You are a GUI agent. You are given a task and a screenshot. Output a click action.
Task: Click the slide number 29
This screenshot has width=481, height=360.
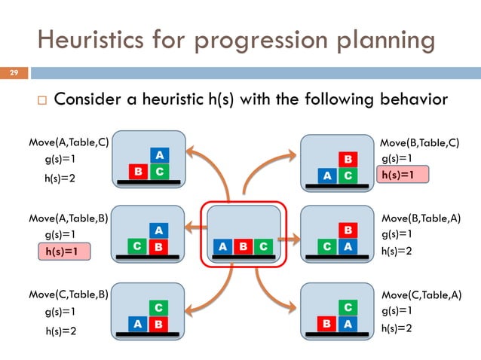coord(13,73)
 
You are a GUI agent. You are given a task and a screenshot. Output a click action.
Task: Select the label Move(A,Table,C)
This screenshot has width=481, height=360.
coord(69,142)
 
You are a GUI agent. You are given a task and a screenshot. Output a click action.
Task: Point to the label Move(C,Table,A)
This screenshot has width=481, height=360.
coord(420,294)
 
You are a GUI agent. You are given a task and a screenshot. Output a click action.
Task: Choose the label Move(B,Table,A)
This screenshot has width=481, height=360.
coord(420,218)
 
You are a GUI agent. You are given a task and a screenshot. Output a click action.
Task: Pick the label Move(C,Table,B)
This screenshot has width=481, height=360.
coord(69,294)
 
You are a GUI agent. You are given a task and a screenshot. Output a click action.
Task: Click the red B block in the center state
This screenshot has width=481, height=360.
coord(242,246)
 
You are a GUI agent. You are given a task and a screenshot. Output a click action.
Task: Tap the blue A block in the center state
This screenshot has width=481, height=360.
coord(222,246)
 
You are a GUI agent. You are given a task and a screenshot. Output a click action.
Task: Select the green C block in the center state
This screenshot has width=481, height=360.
coord(262,246)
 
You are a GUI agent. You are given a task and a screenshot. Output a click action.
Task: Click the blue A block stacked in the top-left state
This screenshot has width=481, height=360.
coord(158,155)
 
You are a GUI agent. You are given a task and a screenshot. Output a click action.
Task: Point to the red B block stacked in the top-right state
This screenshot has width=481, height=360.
coord(348,160)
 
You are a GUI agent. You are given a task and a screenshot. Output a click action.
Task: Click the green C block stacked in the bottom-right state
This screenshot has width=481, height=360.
coord(348,307)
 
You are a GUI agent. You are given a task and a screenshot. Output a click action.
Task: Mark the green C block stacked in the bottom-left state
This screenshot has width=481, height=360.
coord(158,307)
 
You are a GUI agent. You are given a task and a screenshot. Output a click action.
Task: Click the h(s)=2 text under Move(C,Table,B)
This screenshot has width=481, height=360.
coord(63,329)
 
